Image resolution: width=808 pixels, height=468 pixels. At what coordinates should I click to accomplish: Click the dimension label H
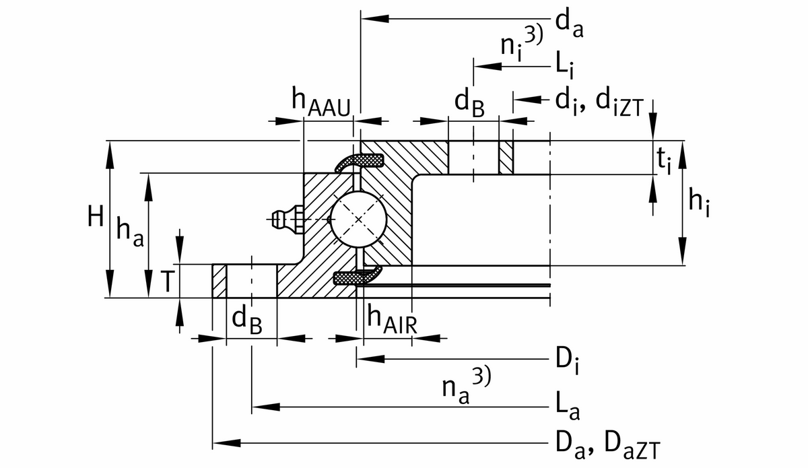pos(95,216)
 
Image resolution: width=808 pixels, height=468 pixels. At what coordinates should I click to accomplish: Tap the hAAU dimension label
pos(321,103)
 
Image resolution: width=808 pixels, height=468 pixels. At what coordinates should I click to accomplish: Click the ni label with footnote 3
pos(520,43)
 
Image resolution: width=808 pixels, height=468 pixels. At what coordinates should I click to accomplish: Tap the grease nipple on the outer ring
pos(283,218)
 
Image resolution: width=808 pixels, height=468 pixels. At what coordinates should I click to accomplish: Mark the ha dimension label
pos(130,233)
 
